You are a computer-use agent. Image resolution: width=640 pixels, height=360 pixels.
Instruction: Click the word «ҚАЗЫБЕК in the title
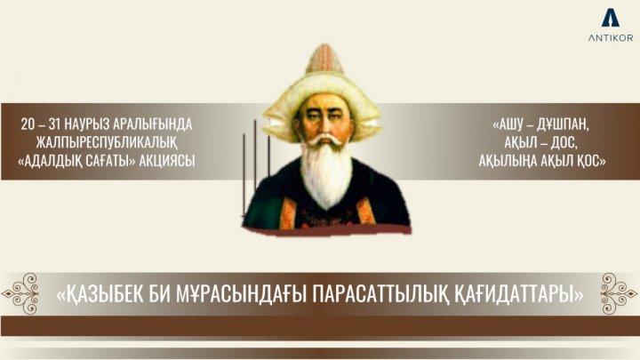pos(107,293)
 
